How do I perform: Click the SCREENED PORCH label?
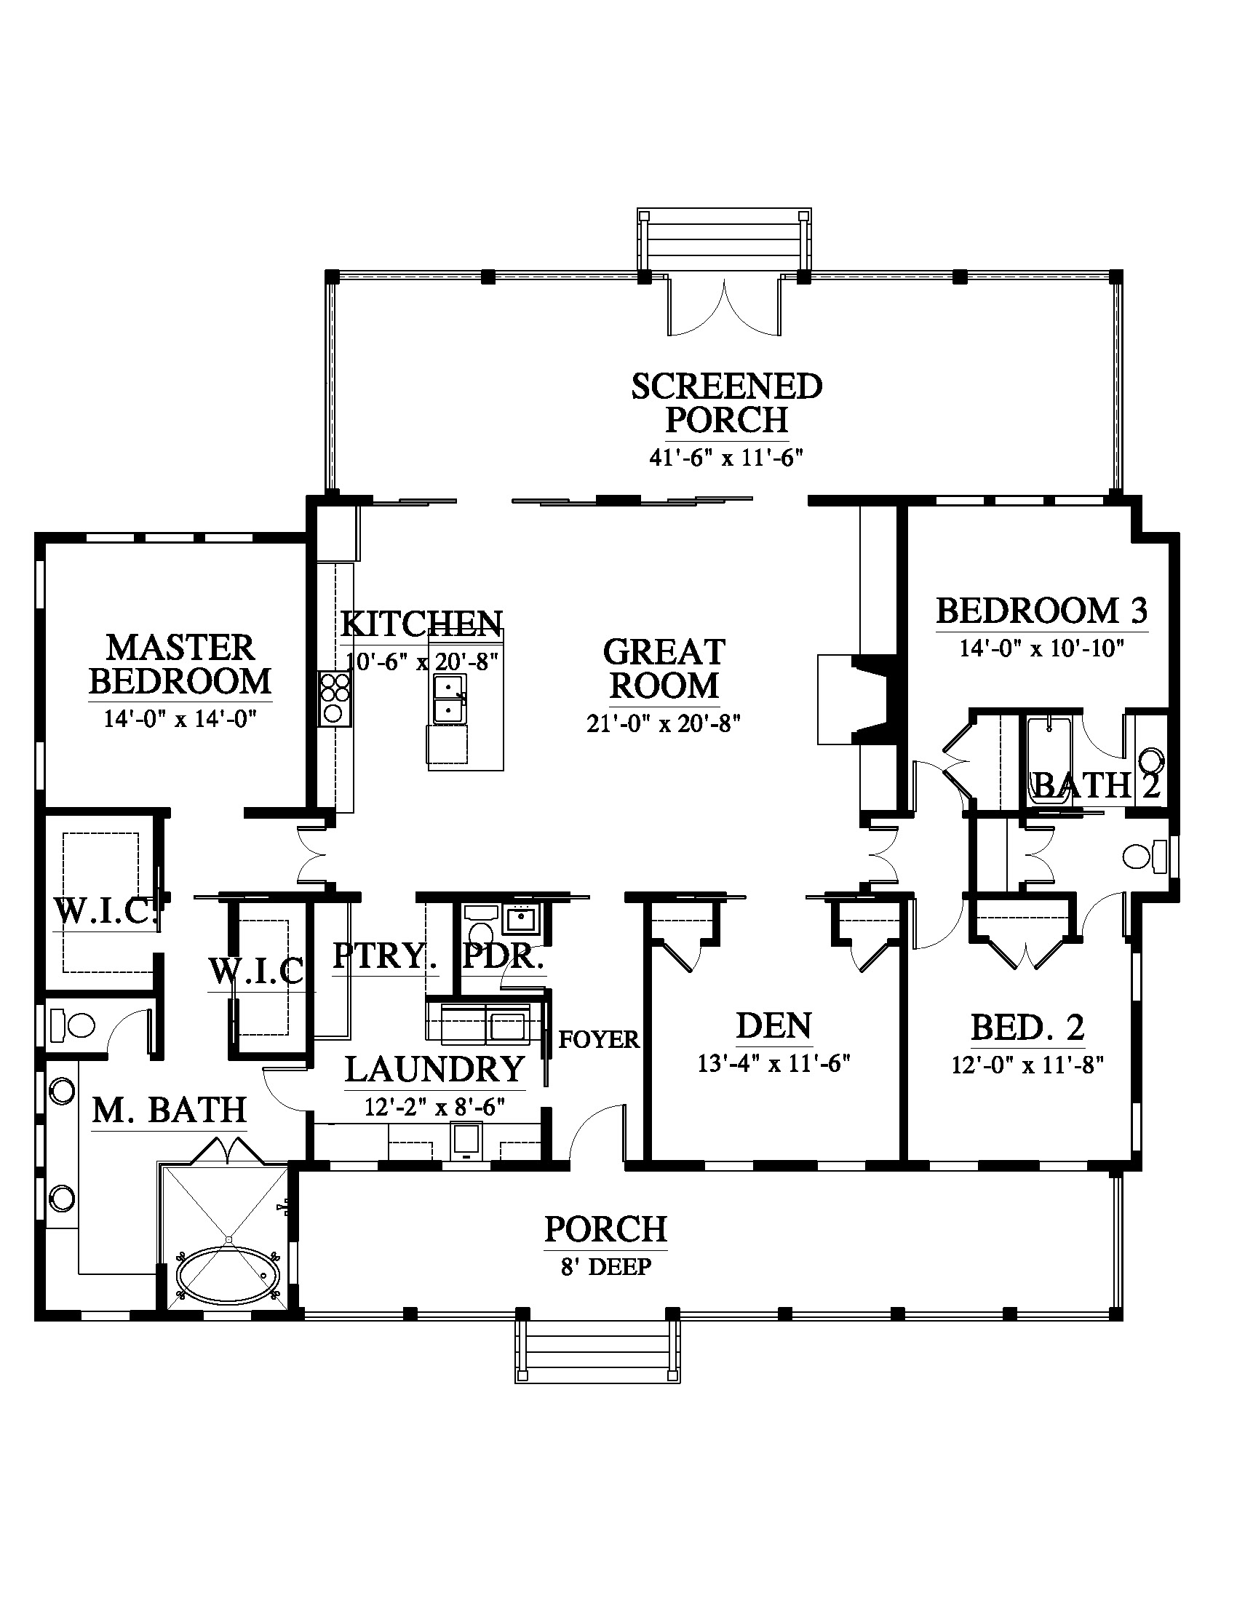tap(726, 403)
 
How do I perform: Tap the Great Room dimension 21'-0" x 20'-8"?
tap(664, 724)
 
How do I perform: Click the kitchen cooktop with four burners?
tap(334, 699)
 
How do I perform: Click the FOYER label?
tap(599, 1038)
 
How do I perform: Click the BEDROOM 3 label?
tap(1042, 611)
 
